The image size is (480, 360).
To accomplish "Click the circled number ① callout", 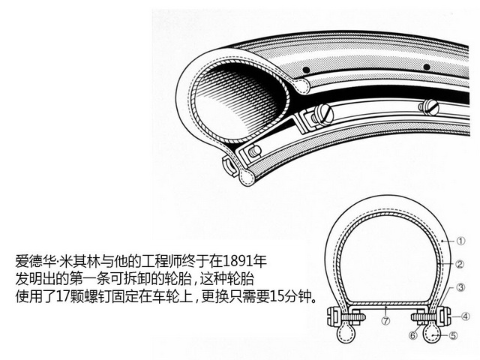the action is [460, 241].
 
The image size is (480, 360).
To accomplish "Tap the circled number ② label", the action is [460, 264].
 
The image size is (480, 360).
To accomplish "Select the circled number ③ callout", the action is [460, 287].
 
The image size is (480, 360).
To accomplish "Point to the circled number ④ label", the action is [465, 316].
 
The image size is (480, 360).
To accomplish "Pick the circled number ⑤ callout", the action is [453, 335].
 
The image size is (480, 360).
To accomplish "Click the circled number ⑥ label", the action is [413, 335].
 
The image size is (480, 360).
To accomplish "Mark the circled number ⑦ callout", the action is [386, 320].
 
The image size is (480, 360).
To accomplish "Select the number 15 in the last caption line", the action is [277, 296].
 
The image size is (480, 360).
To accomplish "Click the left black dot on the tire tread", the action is [306, 70].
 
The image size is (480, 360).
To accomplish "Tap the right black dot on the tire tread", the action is [427, 67].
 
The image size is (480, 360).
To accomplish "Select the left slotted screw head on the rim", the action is [325, 115].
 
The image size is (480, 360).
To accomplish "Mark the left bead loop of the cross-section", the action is [346, 333].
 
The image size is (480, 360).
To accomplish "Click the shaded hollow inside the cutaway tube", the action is [235, 98].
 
